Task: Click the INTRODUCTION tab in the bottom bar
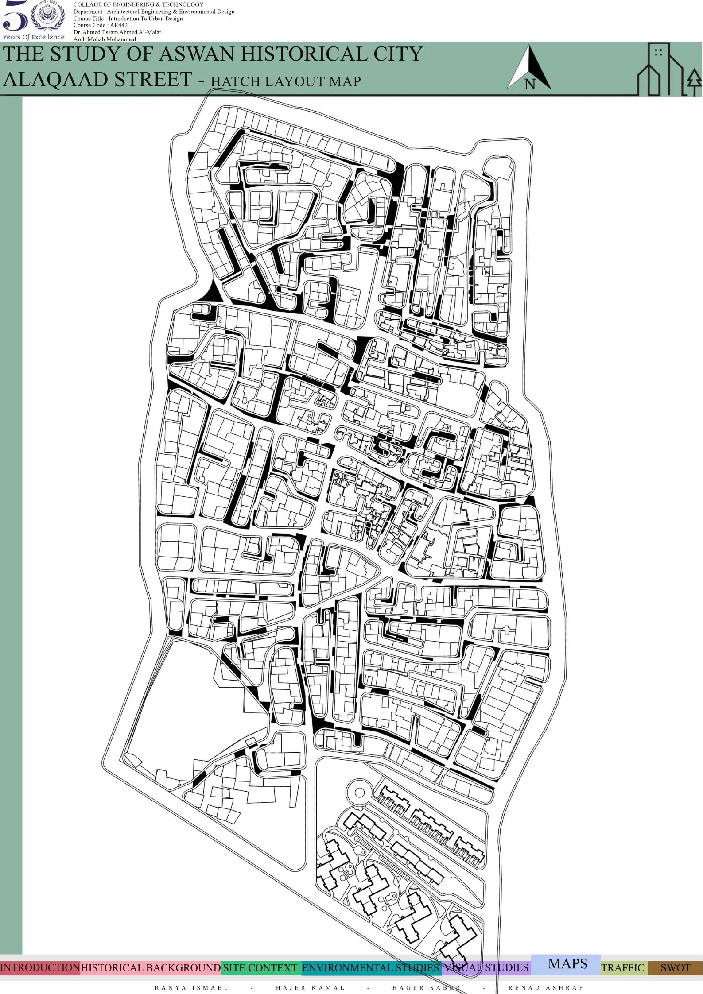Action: tap(40, 967)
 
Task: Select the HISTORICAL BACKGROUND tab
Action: tap(151, 968)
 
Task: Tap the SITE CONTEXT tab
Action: tap(260, 968)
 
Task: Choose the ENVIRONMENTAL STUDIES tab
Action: tap(370, 968)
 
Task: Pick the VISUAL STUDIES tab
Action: tap(486, 968)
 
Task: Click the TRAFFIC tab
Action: tap(623, 968)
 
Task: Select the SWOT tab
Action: tap(675, 968)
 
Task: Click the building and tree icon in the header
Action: tap(669, 70)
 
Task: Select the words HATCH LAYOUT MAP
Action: tap(286, 81)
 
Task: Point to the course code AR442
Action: tap(100, 25)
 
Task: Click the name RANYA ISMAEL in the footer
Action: tap(192, 988)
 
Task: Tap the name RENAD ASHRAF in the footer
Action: tap(546, 988)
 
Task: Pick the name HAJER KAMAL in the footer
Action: tap(310, 988)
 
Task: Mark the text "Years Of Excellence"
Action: tap(34, 37)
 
